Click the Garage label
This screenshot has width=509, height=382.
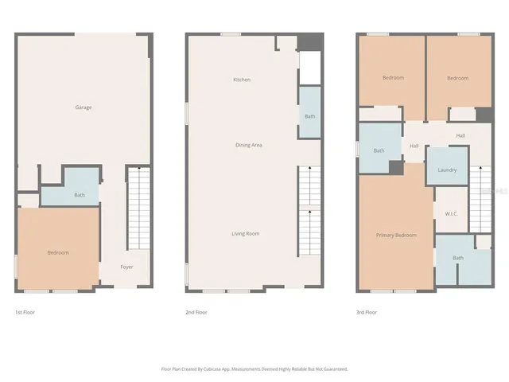pyautogui.click(x=84, y=107)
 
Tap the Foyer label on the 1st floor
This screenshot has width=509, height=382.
pyautogui.click(x=126, y=267)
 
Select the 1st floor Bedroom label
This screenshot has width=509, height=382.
pyautogui.click(x=58, y=253)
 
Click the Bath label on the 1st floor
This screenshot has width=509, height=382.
pyautogui.click(x=80, y=195)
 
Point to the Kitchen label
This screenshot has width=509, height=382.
pyautogui.click(x=242, y=80)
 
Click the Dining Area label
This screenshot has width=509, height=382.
pyautogui.click(x=248, y=145)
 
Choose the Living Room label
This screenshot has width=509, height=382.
pyautogui.click(x=245, y=234)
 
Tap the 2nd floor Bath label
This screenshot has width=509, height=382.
pyautogui.click(x=309, y=117)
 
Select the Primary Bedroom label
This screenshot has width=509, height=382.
pyautogui.click(x=395, y=236)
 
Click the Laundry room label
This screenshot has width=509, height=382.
pyautogui.click(x=447, y=170)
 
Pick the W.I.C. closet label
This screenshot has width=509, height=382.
pyautogui.click(x=450, y=213)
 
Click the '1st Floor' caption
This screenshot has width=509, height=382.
pyautogui.click(x=25, y=312)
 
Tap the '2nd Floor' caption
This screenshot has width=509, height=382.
pyautogui.click(x=196, y=312)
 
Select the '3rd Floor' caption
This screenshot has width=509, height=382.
pyautogui.click(x=367, y=312)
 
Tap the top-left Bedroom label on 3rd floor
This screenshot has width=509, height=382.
pyautogui.click(x=393, y=78)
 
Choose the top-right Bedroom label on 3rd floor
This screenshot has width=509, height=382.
pyautogui.click(x=457, y=78)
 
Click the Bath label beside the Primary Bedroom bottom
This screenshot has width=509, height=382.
pyautogui.click(x=458, y=258)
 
